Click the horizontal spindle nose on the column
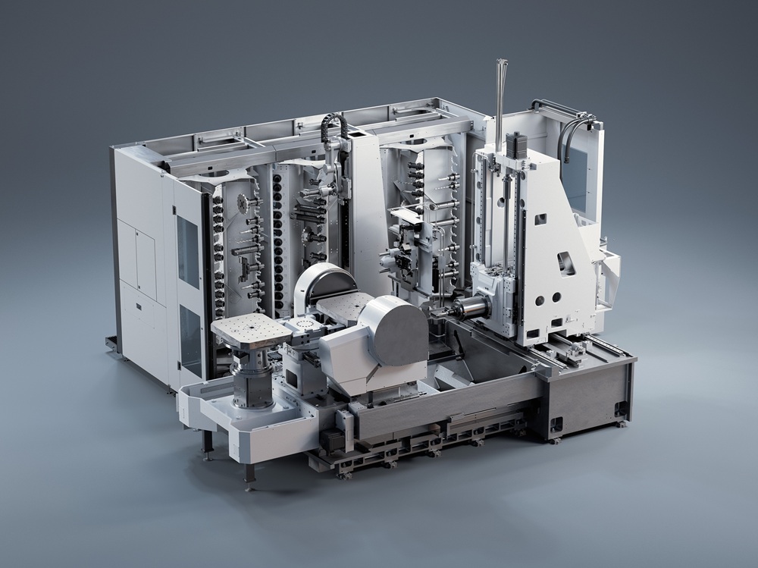pos(470,308)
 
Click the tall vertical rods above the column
pos(500,99)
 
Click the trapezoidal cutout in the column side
pos(566,262)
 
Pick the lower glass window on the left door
pos(190,340)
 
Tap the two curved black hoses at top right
pos(572,129)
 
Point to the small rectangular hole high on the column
pos(540,219)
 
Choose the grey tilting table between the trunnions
pos(345,307)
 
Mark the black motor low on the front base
pos(331,440)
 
